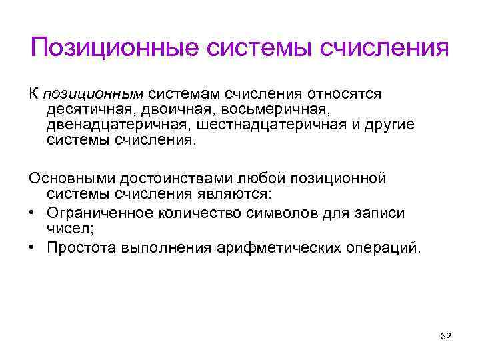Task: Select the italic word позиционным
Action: (x=95, y=94)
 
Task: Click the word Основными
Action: (x=69, y=179)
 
